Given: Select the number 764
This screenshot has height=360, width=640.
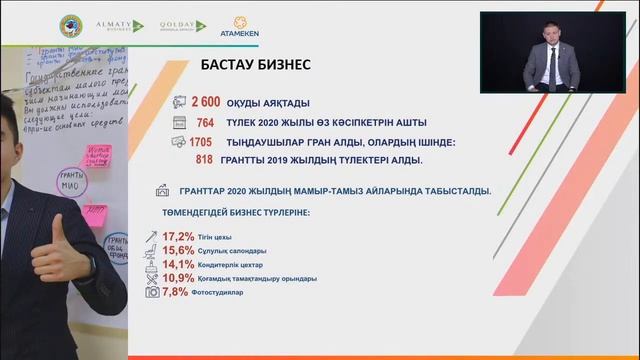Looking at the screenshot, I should tap(213, 122).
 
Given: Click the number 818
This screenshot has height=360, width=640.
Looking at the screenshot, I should tap(204, 159).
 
